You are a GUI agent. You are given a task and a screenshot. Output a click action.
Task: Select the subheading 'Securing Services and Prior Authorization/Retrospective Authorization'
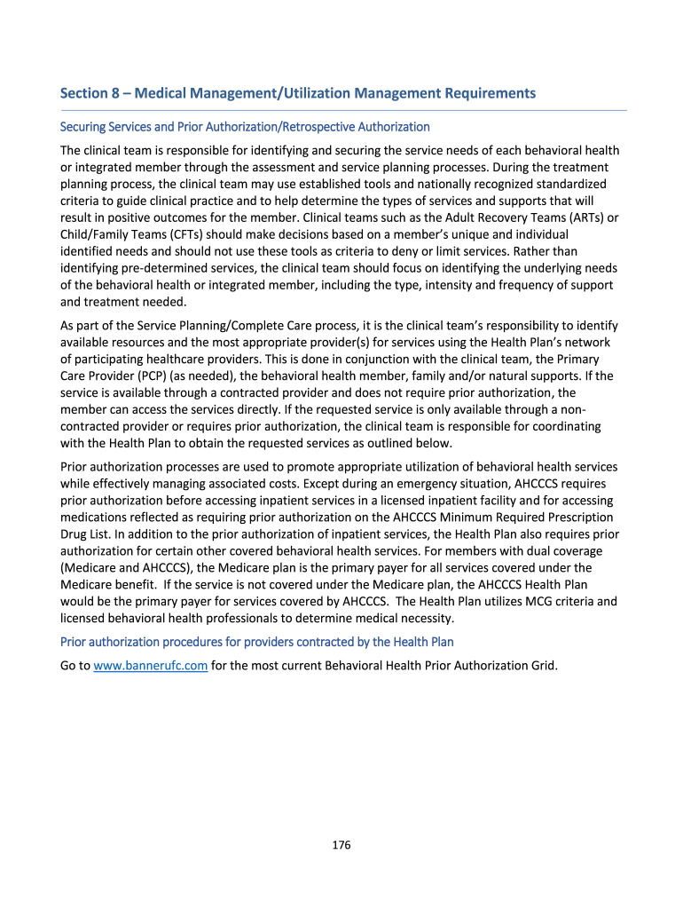click(x=245, y=127)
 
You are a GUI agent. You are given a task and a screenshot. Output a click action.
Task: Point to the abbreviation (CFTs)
click(x=200, y=234)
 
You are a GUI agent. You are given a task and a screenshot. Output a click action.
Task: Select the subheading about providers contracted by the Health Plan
click(x=256, y=642)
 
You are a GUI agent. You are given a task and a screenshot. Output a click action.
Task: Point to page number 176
click(x=341, y=844)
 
